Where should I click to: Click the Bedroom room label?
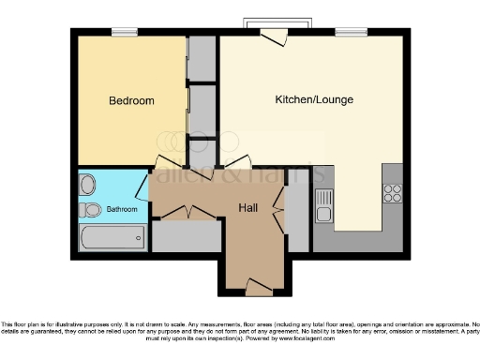click(131, 101)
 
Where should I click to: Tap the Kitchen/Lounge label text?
click(310, 99)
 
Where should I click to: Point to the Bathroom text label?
click(121, 209)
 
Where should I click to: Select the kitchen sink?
click(323, 206)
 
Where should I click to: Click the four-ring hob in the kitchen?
click(392, 194)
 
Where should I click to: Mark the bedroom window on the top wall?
click(125, 33)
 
